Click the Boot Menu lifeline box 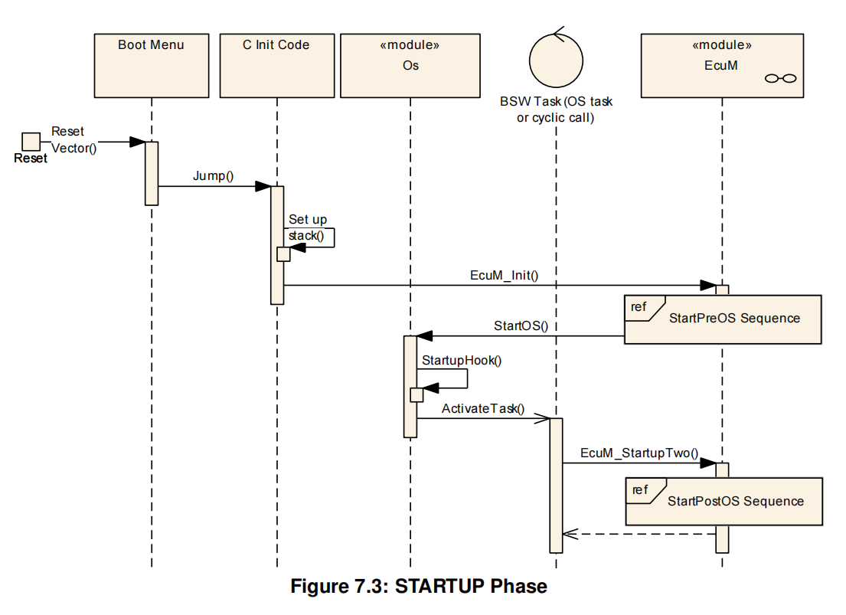152,65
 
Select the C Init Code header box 276,65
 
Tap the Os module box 410,65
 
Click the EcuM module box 721,65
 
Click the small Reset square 31,142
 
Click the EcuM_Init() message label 504,275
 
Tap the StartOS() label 521,325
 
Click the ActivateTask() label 483,408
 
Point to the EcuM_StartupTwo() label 639,453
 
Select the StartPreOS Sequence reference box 722,319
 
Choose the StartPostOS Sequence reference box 724,502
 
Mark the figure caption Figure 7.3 419,587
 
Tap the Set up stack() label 308,227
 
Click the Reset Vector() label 73,139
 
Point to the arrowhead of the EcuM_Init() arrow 707,286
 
